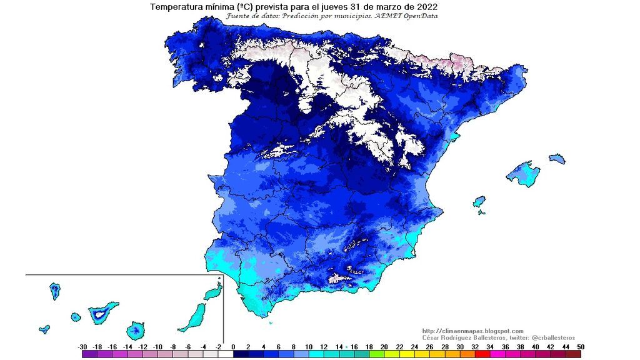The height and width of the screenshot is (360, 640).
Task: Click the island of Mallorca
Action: point(524,174)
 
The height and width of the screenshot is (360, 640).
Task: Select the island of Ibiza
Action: point(479,202)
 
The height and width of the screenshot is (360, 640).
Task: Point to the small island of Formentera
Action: point(482,212)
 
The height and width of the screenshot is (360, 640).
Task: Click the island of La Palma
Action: point(55,291)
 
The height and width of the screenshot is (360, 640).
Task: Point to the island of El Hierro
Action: point(44,329)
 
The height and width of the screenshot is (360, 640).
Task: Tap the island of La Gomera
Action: point(76,317)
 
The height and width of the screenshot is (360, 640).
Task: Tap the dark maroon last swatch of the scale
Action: point(574,354)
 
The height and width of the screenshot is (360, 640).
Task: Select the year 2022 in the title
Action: point(424,6)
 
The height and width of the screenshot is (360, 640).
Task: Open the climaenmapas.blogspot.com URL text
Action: point(473,331)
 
